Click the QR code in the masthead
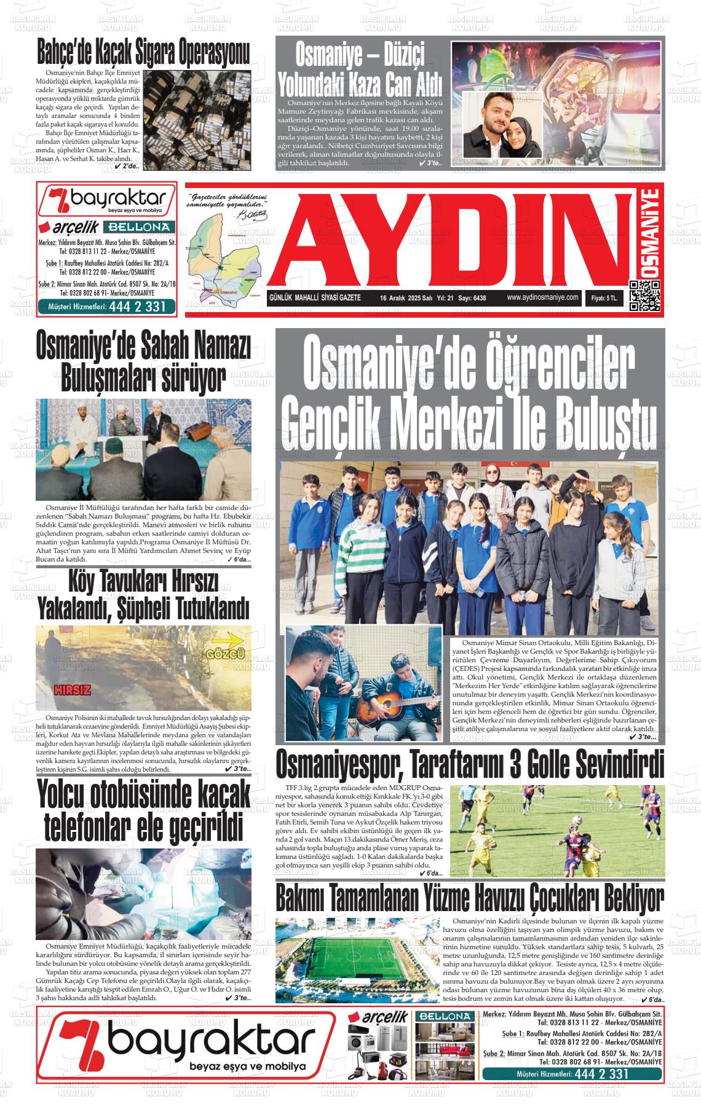(x=645, y=296)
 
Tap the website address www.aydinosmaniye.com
(x=543, y=297)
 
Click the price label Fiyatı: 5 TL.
(x=608, y=298)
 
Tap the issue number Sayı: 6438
(x=472, y=298)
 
